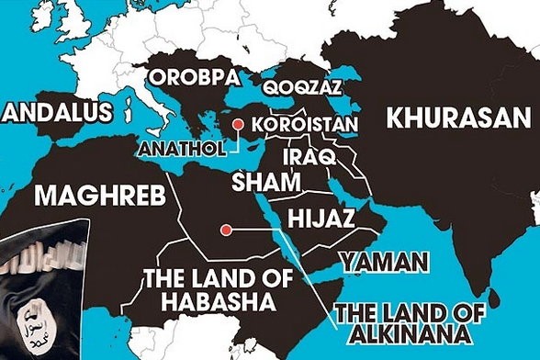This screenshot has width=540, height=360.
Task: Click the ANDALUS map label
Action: pyautogui.click(x=57, y=112)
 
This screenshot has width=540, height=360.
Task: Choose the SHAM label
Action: pyautogui.click(x=266, y=181)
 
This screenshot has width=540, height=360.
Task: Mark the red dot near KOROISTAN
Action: pyautogui.click(x=240, y=125)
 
